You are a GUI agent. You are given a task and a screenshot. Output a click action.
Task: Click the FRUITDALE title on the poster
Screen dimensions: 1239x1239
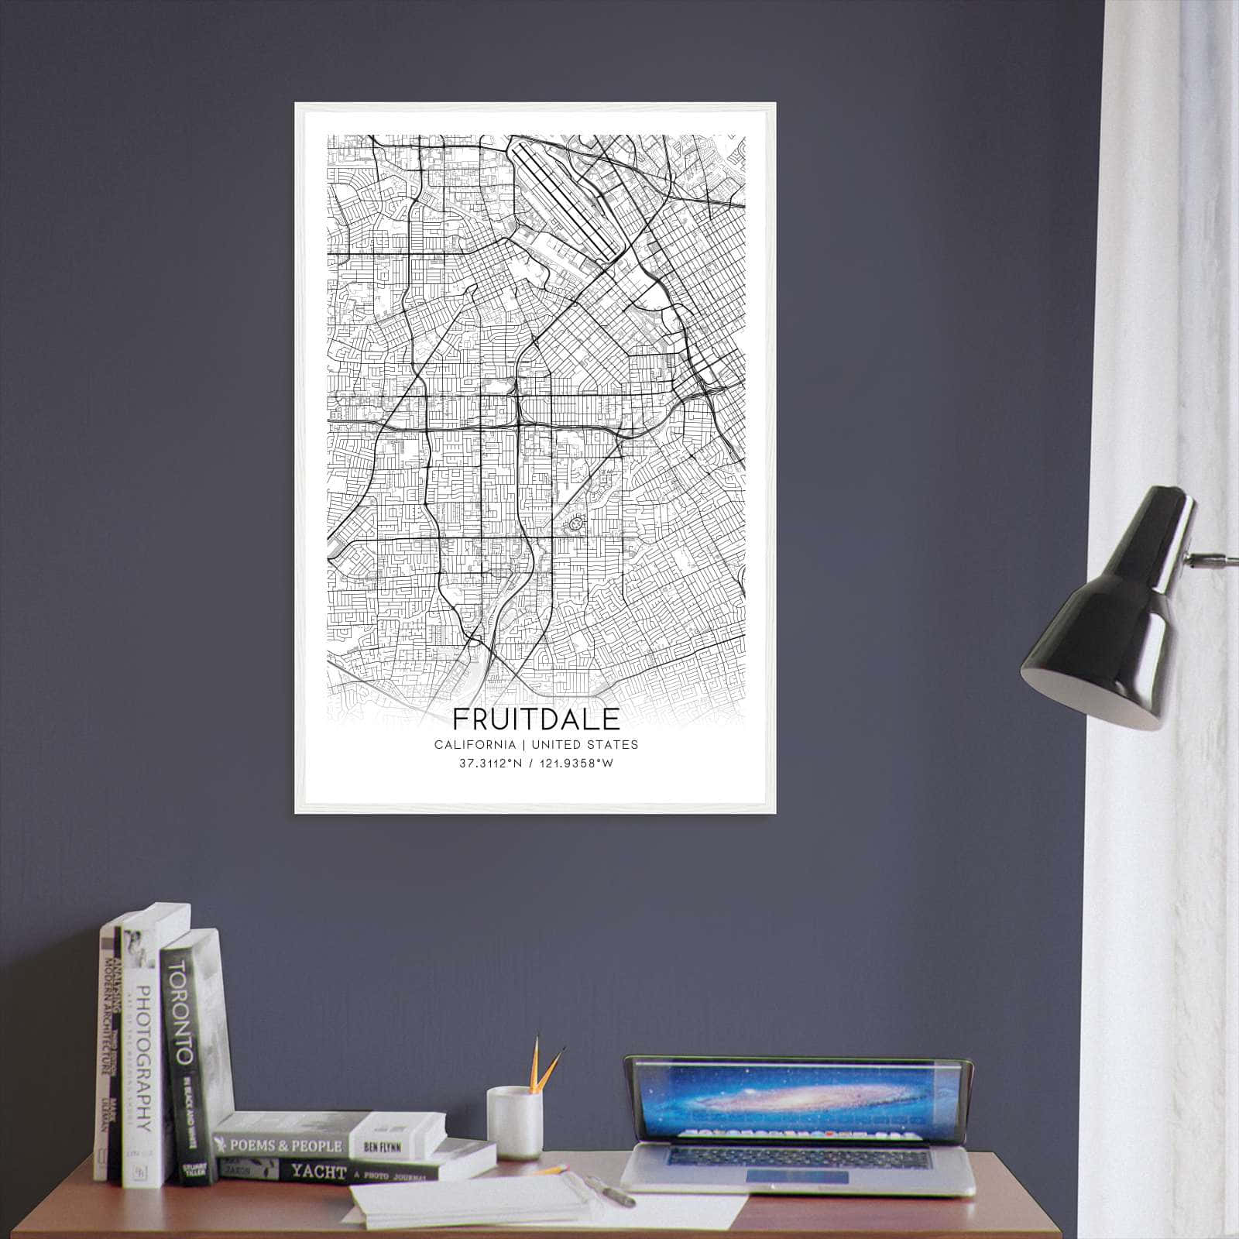[536, 719]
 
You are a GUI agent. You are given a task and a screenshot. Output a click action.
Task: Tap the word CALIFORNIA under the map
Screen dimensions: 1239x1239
[475, 745]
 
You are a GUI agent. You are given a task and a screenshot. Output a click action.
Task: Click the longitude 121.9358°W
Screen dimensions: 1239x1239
[575, 764]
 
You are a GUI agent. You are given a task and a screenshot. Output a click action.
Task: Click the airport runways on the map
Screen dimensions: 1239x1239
[565, 197]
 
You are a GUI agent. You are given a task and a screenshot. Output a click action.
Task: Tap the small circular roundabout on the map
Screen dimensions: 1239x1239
[575, 524]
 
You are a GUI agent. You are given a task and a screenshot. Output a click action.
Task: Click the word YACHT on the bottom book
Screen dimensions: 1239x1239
[318, 1172]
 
